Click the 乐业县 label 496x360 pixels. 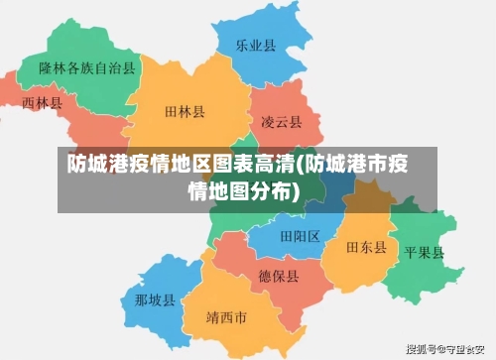[255, 46]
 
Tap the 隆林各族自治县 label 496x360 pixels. [87, 68]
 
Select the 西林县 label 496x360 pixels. [42, 102]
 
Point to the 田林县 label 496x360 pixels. [186, 113]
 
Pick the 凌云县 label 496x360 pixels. [281, 122]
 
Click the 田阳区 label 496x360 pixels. [300, 236]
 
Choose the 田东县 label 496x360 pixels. [366, 247]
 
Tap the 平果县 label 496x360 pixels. [425, 251]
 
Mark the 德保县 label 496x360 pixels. [279, 276]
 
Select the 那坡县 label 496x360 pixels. [155, 300]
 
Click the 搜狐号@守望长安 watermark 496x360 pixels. [447, 350]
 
